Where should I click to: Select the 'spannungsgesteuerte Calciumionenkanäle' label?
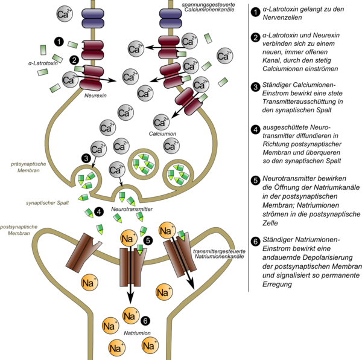(201, 8)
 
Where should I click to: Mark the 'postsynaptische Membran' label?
(21, 230)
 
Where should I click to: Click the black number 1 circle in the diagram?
(59, 41)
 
